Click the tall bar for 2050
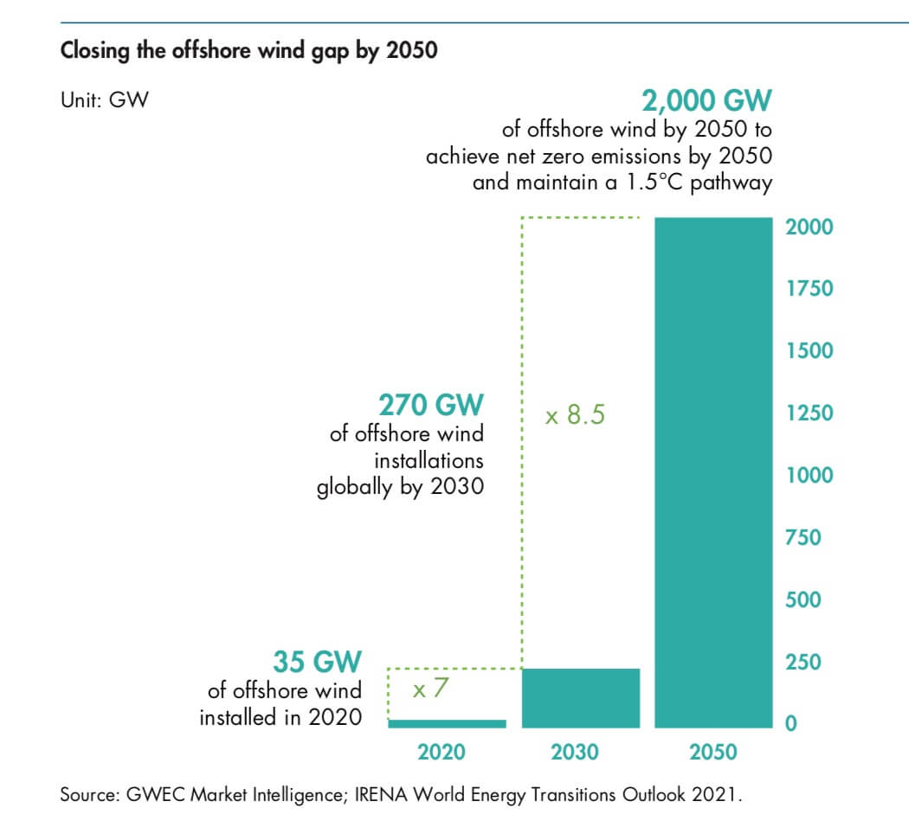coord(712,471)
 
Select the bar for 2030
coord(580,697)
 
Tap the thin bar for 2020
coord(447,723)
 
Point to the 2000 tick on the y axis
coord(809,227)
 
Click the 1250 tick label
coord(809,413)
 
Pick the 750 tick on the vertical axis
coord(803,537)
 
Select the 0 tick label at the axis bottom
coord(790,724)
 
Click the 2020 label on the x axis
coord(442,752)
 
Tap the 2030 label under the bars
coord(575,752)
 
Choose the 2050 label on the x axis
coord(713,752)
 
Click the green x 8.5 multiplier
coord(575,416)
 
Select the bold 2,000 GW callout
coord(706,101)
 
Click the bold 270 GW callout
coord(431,404)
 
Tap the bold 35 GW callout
coord(317,662)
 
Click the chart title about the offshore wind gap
coord(248,50)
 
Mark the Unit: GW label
coord(104,99)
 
